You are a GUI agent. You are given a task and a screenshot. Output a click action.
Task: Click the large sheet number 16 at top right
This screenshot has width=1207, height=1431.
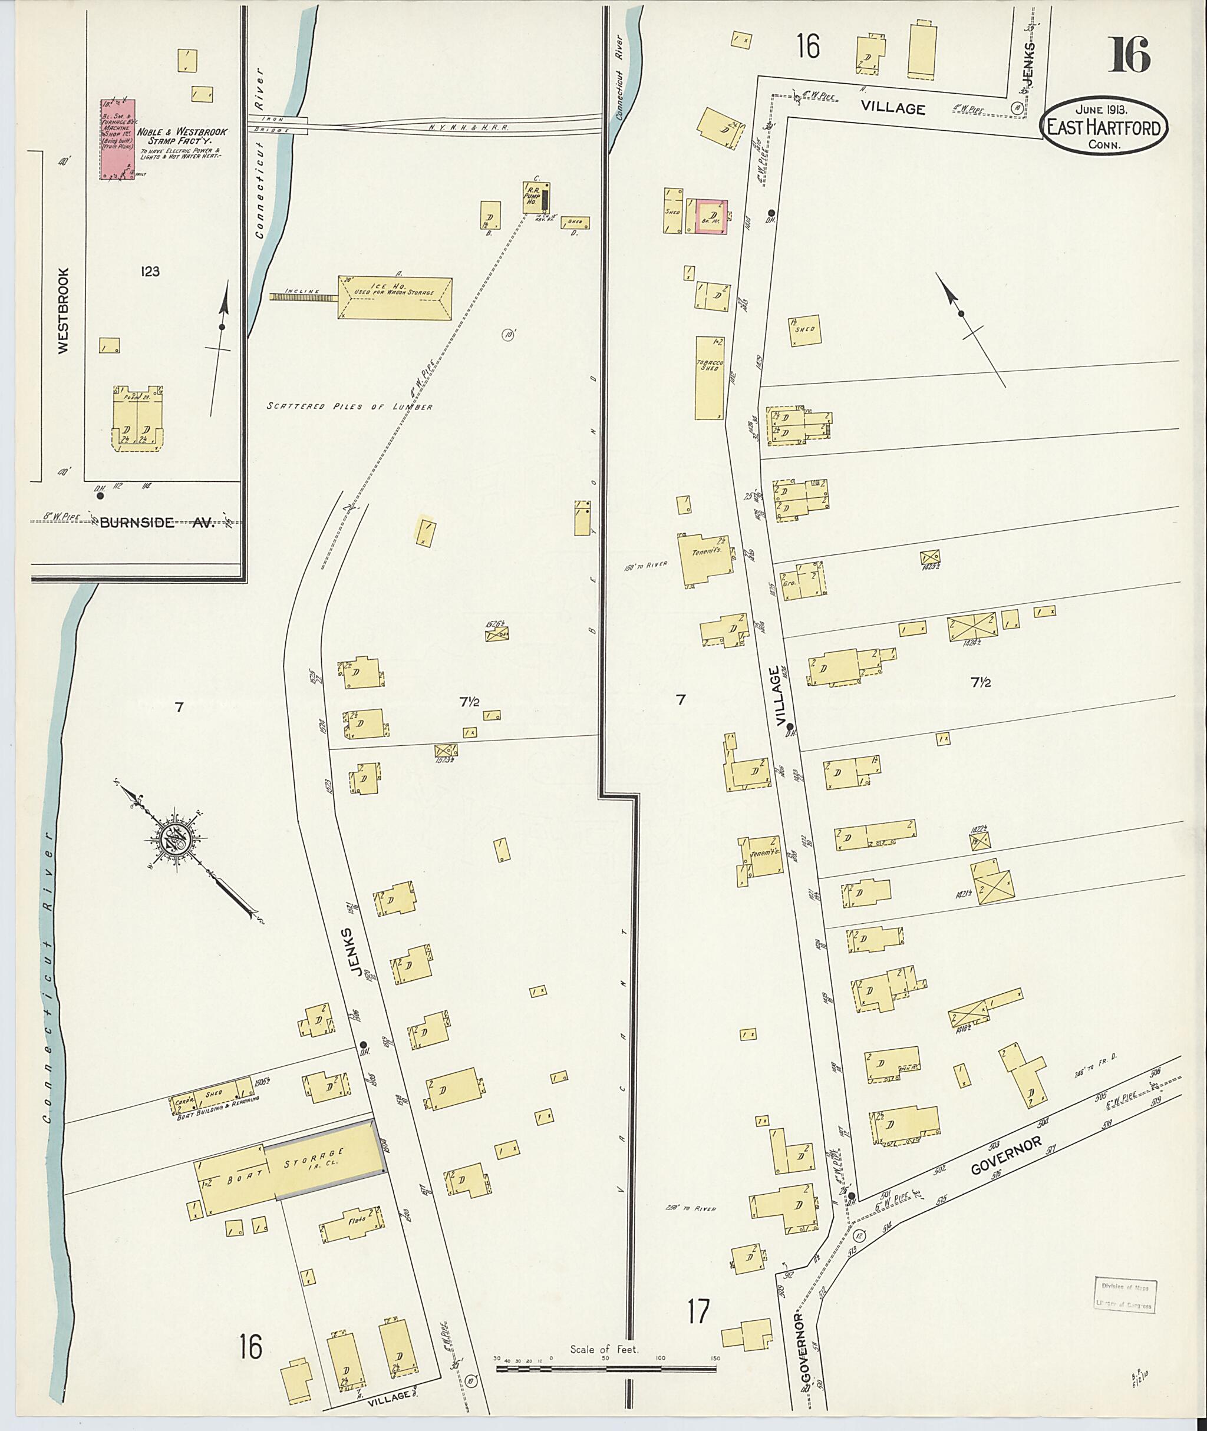pyautogui.click(x=1129, y=55)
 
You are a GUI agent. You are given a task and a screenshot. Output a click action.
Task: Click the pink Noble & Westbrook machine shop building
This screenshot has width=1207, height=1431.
pyautogui.click(x=118, y=139)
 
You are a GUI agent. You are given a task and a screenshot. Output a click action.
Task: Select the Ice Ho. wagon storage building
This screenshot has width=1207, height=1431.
pyautogui.click(x=395, y=297)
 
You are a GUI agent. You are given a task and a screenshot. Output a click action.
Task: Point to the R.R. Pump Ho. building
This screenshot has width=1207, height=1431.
pyautogui.click(x=536, y=197)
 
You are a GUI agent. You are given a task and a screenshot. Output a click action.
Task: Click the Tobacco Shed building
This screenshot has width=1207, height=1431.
pyautogui.click(x=710, y=377)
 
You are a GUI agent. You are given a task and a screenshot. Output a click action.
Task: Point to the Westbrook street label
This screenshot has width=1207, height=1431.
pyautogui.click(x=64, y=310)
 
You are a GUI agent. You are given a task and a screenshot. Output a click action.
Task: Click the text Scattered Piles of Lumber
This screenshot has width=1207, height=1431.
pyautogui.click(x=349, y=407)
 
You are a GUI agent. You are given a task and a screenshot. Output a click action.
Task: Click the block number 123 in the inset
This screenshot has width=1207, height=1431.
pyautogui.click(x=150, y=272)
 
